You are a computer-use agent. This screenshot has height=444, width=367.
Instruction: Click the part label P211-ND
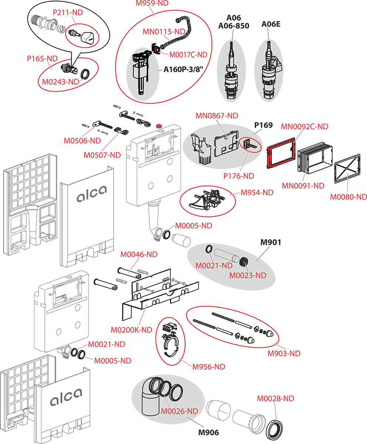(x=67, y=13)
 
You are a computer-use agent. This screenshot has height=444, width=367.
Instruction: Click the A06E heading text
(x=271, y=24)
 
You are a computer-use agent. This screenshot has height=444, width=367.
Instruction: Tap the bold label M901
(x=271, y=243)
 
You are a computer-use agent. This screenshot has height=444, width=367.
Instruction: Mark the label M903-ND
(x=284, y=353)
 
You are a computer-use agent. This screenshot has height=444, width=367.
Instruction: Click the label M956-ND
(x=209, y=367)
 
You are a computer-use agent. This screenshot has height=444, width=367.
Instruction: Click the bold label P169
(x=263, y=125)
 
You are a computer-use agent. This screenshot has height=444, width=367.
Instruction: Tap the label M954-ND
(x=257, y=192)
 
